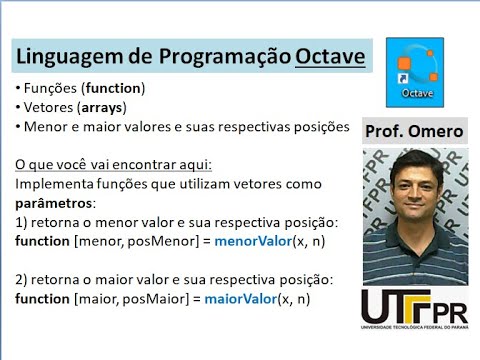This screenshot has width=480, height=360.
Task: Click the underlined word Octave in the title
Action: coord(330,53)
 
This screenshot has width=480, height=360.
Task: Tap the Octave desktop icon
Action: coord(415,71)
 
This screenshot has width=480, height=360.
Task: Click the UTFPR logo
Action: coord(414,310)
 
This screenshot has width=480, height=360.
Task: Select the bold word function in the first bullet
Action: coord(113,88)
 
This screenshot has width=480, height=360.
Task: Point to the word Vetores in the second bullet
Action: coord(45,107)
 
